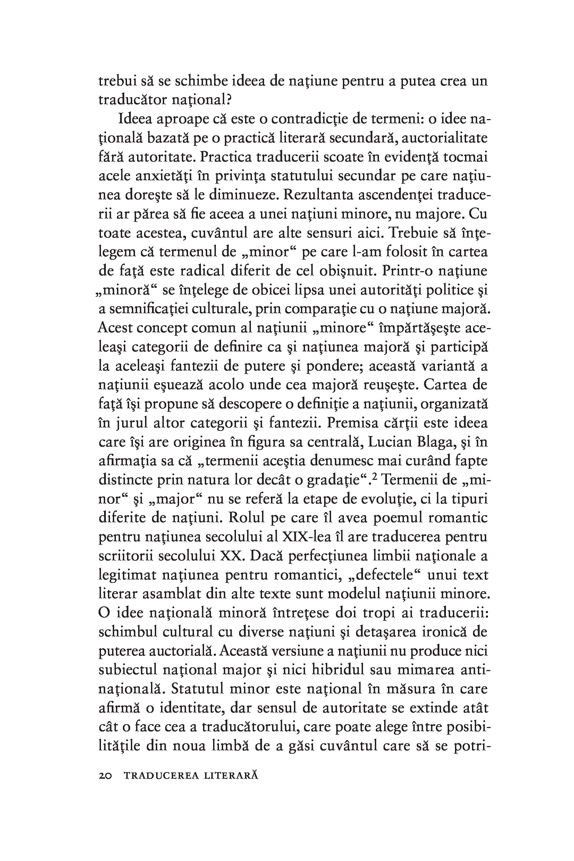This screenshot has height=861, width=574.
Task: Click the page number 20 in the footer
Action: tap(105, 776)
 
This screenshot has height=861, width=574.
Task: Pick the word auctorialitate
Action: tap(445, 138)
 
